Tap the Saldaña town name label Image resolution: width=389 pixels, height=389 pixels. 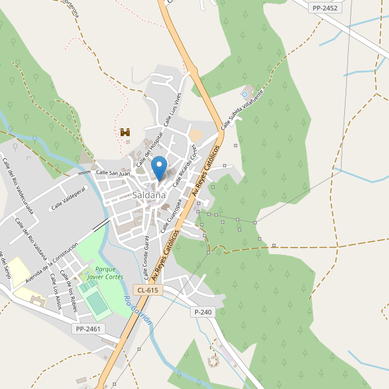149,194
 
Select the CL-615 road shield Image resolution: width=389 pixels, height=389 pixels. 148,290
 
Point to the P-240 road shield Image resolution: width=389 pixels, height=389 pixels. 203,312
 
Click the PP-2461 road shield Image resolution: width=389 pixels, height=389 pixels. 88,329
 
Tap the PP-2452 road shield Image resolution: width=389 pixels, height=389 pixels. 324,8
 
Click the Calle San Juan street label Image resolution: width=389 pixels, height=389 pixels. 113,173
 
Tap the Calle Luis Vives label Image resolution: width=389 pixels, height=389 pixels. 171,109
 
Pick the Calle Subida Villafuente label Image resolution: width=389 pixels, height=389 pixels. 243,108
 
